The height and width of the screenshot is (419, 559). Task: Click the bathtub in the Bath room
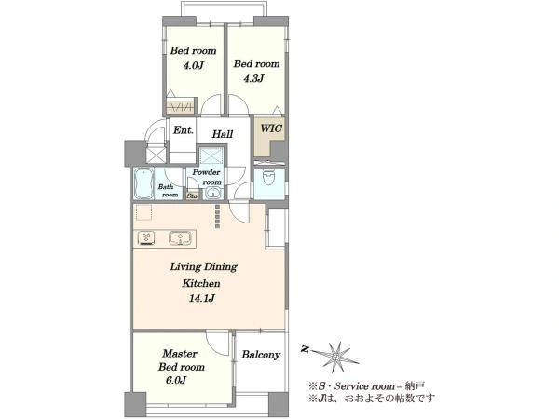[143, 183]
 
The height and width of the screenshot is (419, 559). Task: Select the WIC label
[271, 128]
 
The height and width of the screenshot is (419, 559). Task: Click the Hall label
[223, 134]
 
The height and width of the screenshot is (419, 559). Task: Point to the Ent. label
[184, 130]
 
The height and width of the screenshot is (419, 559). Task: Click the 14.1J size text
[202, 298]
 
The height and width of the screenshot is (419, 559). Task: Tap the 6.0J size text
[176, 380]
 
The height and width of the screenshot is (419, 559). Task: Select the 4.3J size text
[253, 78]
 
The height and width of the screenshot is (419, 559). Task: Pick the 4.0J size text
[193, 65]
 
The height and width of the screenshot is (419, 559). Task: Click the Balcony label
[261, 355]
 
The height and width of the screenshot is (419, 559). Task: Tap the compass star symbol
[336, 357]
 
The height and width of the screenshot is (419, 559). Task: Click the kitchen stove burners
[146, 238]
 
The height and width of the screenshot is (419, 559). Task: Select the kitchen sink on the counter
[181, 238]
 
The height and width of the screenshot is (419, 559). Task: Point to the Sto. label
[193, 196]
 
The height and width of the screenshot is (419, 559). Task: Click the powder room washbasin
[213, 194]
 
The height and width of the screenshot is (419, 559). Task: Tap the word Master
[180, 354]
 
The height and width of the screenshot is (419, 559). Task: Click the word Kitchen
[201, 284]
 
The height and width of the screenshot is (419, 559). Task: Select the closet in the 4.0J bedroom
[181, 105]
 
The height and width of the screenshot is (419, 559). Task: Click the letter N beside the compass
[305, 349]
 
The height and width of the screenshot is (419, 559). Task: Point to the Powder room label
[207, 177]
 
